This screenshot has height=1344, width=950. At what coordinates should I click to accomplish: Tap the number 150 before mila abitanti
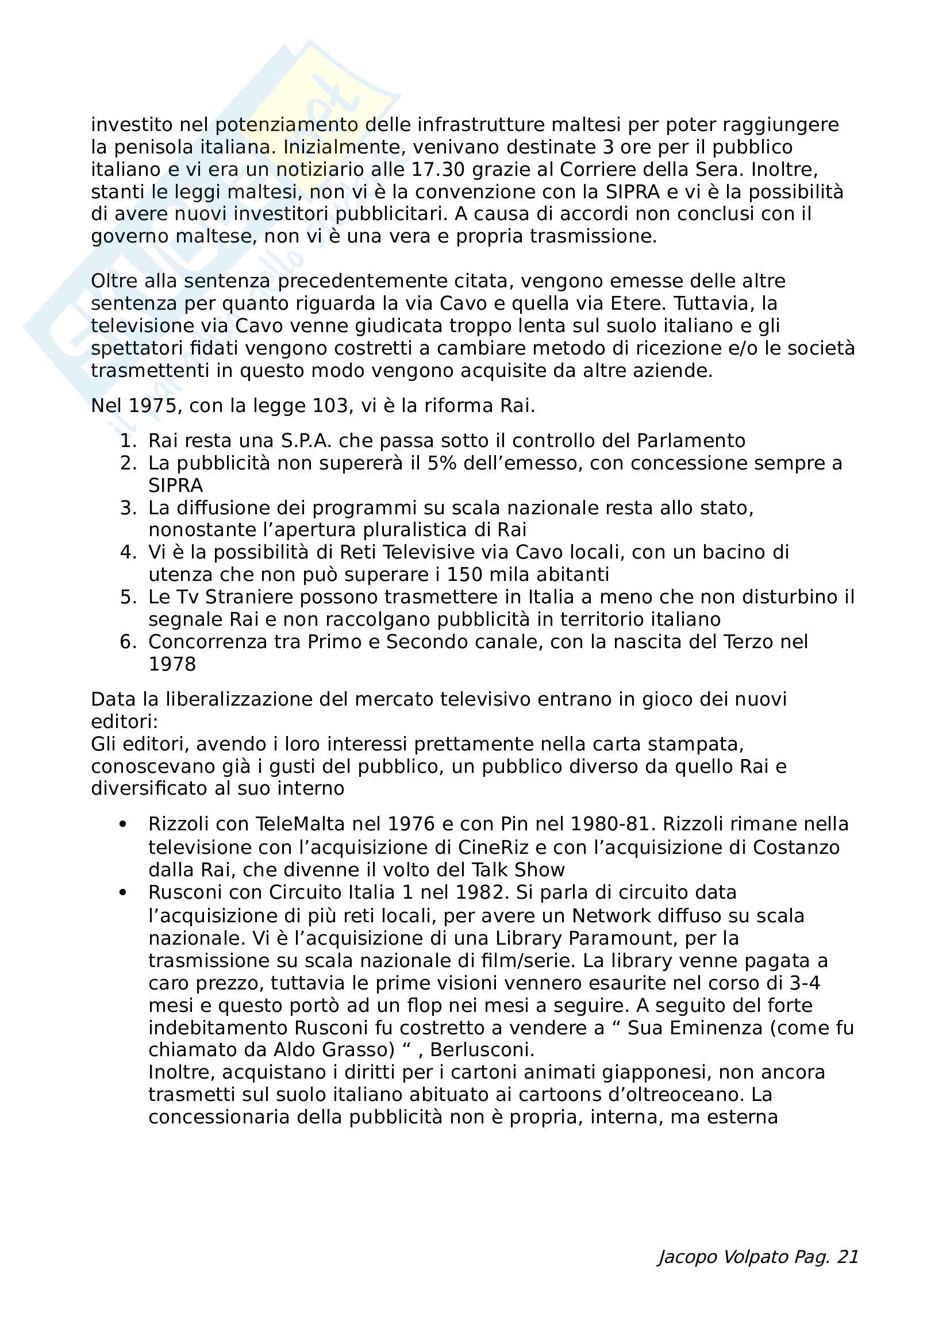point(466,574)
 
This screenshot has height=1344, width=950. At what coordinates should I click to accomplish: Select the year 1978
point(172,664)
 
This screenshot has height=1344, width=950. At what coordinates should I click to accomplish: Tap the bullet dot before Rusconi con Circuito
point(123,893)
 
